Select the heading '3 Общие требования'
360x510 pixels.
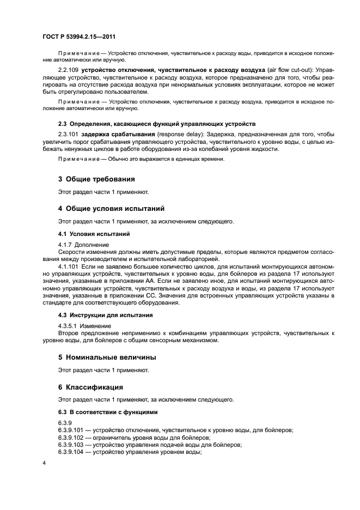click(x=96, y=179)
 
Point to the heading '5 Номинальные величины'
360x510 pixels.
click(x=107, y=357)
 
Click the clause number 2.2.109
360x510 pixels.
click(x=69, y=70)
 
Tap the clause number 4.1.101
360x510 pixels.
click(x=69, y=266)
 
